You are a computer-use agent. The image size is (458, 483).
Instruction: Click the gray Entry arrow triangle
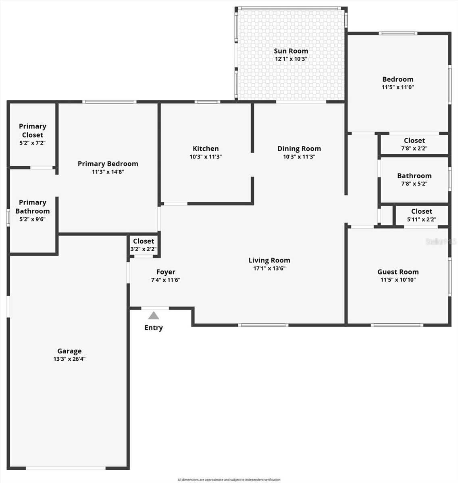pos(153,316)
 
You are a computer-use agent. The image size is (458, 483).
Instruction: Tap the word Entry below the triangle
pos(153,328)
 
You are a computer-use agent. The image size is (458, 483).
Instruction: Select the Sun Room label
pos(291,51)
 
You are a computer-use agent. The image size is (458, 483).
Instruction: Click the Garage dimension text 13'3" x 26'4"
pos(69,359)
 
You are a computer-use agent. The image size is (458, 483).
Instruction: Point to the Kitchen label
pos(206,149)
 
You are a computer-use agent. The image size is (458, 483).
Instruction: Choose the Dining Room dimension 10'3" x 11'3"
pos(299,157)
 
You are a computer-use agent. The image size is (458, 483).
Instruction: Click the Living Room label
pos(269,260)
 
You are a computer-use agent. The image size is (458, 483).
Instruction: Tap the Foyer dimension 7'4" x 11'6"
pos(166,280)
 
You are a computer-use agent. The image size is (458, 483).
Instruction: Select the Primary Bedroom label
pos(108,164)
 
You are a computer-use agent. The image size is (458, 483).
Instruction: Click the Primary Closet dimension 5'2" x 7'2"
pos(32,143)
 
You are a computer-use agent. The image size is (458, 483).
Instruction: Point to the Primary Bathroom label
pos(33,206)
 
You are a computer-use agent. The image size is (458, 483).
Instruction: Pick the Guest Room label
pos(398,272)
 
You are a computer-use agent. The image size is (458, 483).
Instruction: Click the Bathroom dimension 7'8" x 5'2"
pos(414,184)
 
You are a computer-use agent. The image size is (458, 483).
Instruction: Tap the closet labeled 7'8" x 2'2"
pos(414,144)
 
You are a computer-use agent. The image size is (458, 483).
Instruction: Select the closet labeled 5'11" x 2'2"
pos(421,215)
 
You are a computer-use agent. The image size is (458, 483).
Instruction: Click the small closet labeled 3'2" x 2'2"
pos(144,245)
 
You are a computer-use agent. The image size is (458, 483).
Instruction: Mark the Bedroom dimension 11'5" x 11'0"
pos(398,87)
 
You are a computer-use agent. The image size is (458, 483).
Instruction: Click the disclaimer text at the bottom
pos(229,480)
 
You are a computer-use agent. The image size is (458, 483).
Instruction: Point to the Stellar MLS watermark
pos(441,242)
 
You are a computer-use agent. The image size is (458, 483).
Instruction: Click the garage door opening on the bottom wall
pos(66,468)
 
